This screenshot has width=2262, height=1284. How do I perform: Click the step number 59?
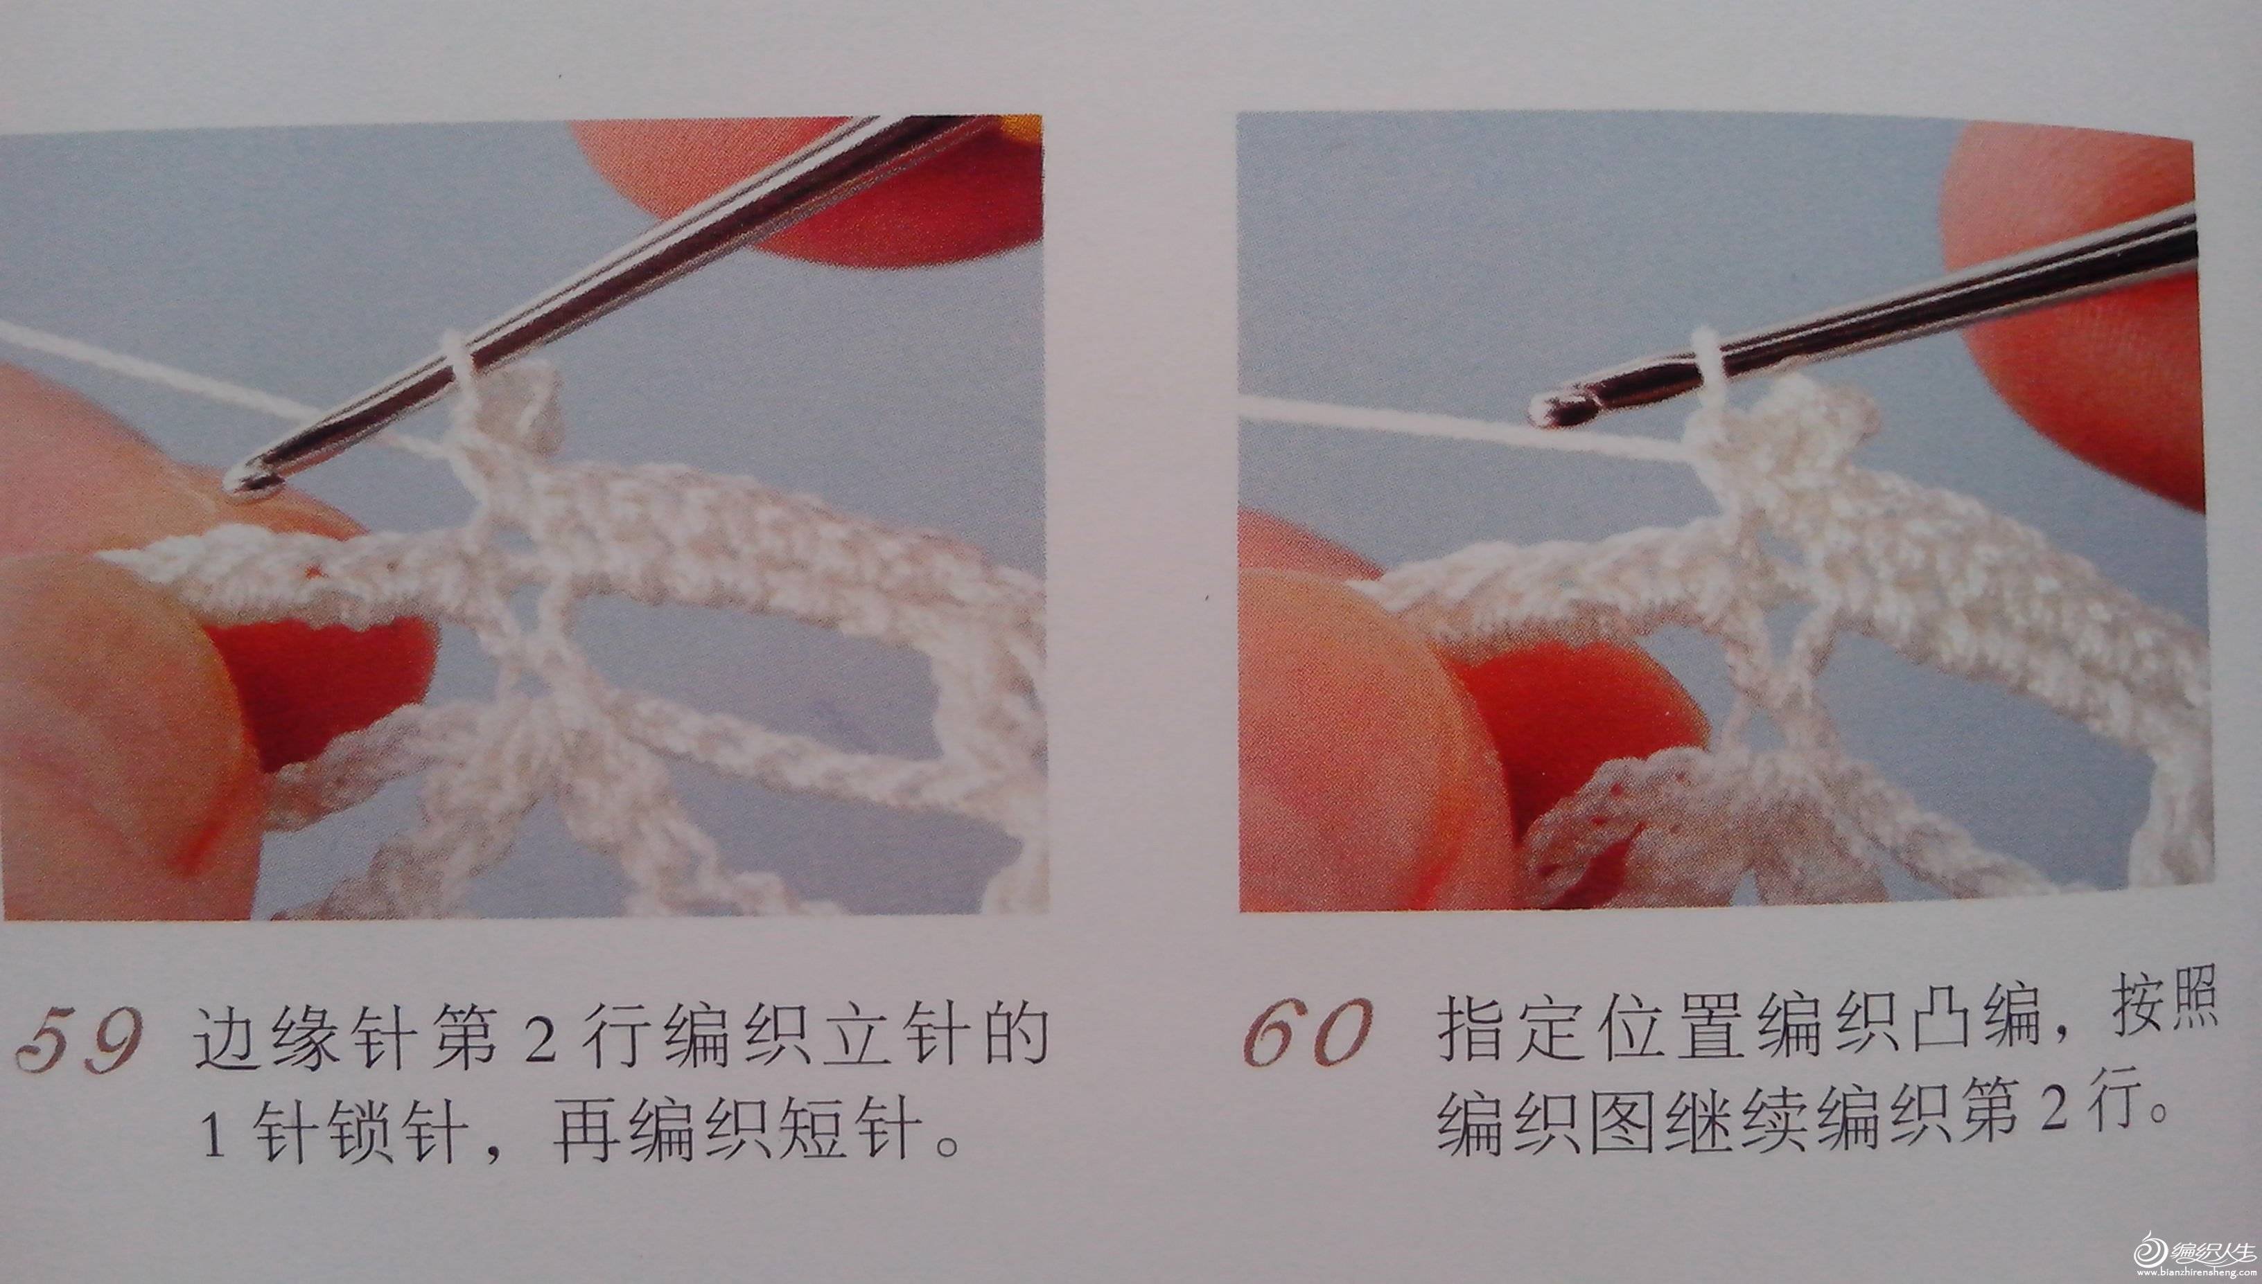coord(77,1041)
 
